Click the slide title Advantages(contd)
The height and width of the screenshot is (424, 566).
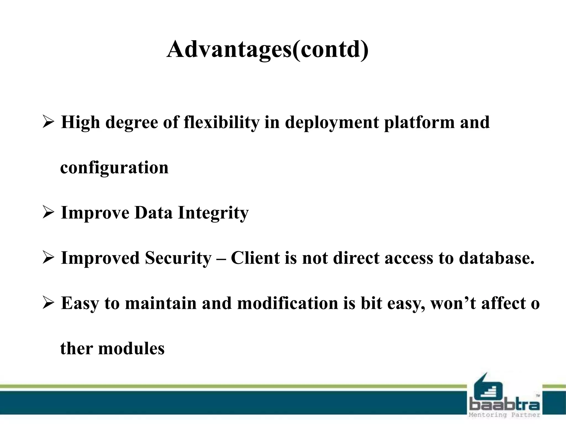coord(267,50)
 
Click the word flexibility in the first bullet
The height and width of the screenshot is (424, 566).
coord(221,122)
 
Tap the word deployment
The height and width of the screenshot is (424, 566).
coord(332,122)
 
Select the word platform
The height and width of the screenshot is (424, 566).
coord(419,122)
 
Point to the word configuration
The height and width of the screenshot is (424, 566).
coord(114,168)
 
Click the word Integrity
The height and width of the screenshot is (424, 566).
coord(213,213)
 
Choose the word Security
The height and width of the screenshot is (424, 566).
coord(178,258)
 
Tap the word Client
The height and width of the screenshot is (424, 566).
coord(255,258)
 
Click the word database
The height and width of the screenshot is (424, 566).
coord(496,258)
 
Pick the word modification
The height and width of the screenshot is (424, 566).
coord(287,303)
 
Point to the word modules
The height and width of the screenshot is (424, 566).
coord(131,349)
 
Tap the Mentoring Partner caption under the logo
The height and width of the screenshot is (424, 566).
coord(505,415)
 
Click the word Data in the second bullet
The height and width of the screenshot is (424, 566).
coord(153,213)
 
